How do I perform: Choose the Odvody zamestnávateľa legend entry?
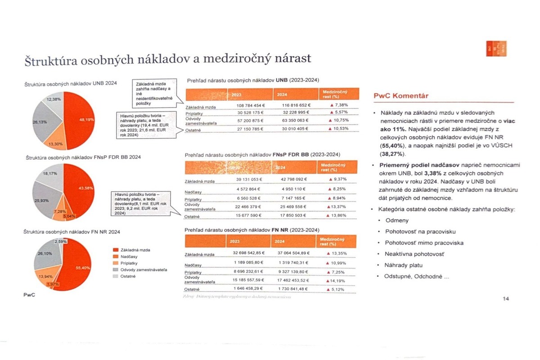142,270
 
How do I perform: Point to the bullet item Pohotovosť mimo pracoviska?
418,243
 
